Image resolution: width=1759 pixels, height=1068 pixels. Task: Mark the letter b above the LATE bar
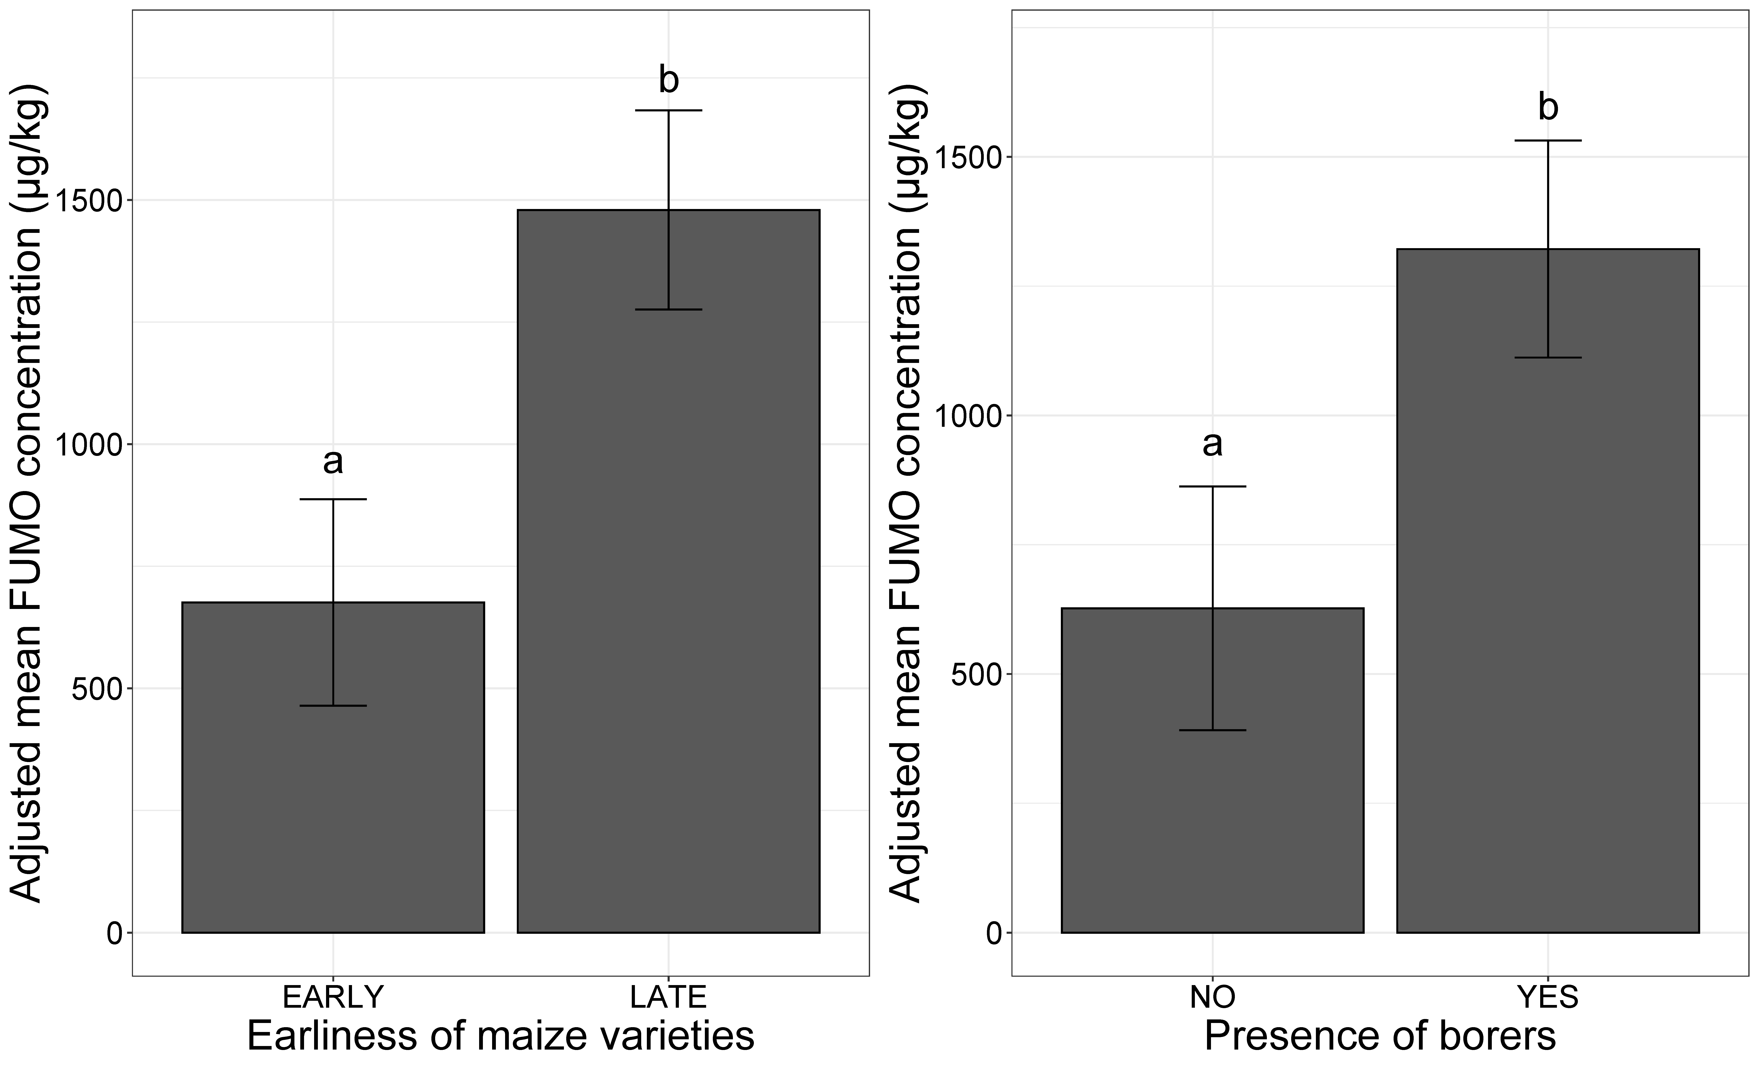coord(668,80)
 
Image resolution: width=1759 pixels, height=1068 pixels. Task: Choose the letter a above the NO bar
coord(1212,444)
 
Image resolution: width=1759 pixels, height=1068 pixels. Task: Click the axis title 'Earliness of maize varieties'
coord(500,1037)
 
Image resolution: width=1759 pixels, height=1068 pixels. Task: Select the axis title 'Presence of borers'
coord(1380,1037)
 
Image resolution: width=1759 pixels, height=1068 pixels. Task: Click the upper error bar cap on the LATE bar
coord(668,111)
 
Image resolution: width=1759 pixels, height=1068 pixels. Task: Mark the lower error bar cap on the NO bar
coord(1212,730)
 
